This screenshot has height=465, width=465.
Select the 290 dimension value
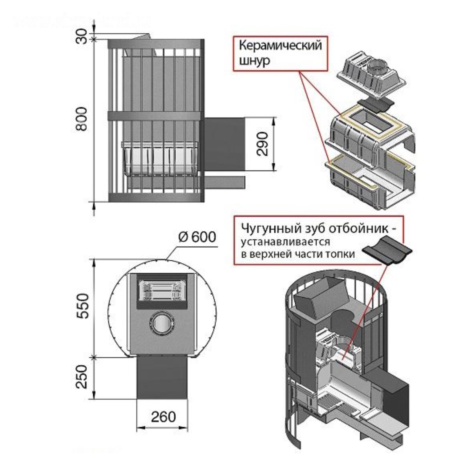pos(263,144)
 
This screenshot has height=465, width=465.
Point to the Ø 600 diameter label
pos(197,237)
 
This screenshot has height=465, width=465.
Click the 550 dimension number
pos(83,306)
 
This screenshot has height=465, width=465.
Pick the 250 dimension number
pos(83,377)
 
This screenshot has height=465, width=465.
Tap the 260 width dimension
pos(163,417)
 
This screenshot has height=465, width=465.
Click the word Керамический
pos(280,46)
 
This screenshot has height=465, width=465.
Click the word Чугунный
pos(268,228)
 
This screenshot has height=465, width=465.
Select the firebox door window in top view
pos(162,290)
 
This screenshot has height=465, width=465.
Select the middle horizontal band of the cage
pos(155,116)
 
